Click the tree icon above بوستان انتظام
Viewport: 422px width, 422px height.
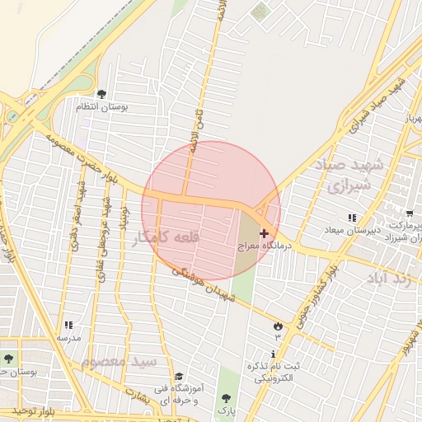coord(101,94)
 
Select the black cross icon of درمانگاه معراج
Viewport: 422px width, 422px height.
coord(264,234)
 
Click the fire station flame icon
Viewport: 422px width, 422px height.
coord(278,326)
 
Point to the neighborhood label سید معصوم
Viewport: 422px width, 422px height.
coord(120,361)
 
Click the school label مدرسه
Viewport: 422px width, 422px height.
coord(68,338)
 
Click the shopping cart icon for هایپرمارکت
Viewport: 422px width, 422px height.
coord(410,213)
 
